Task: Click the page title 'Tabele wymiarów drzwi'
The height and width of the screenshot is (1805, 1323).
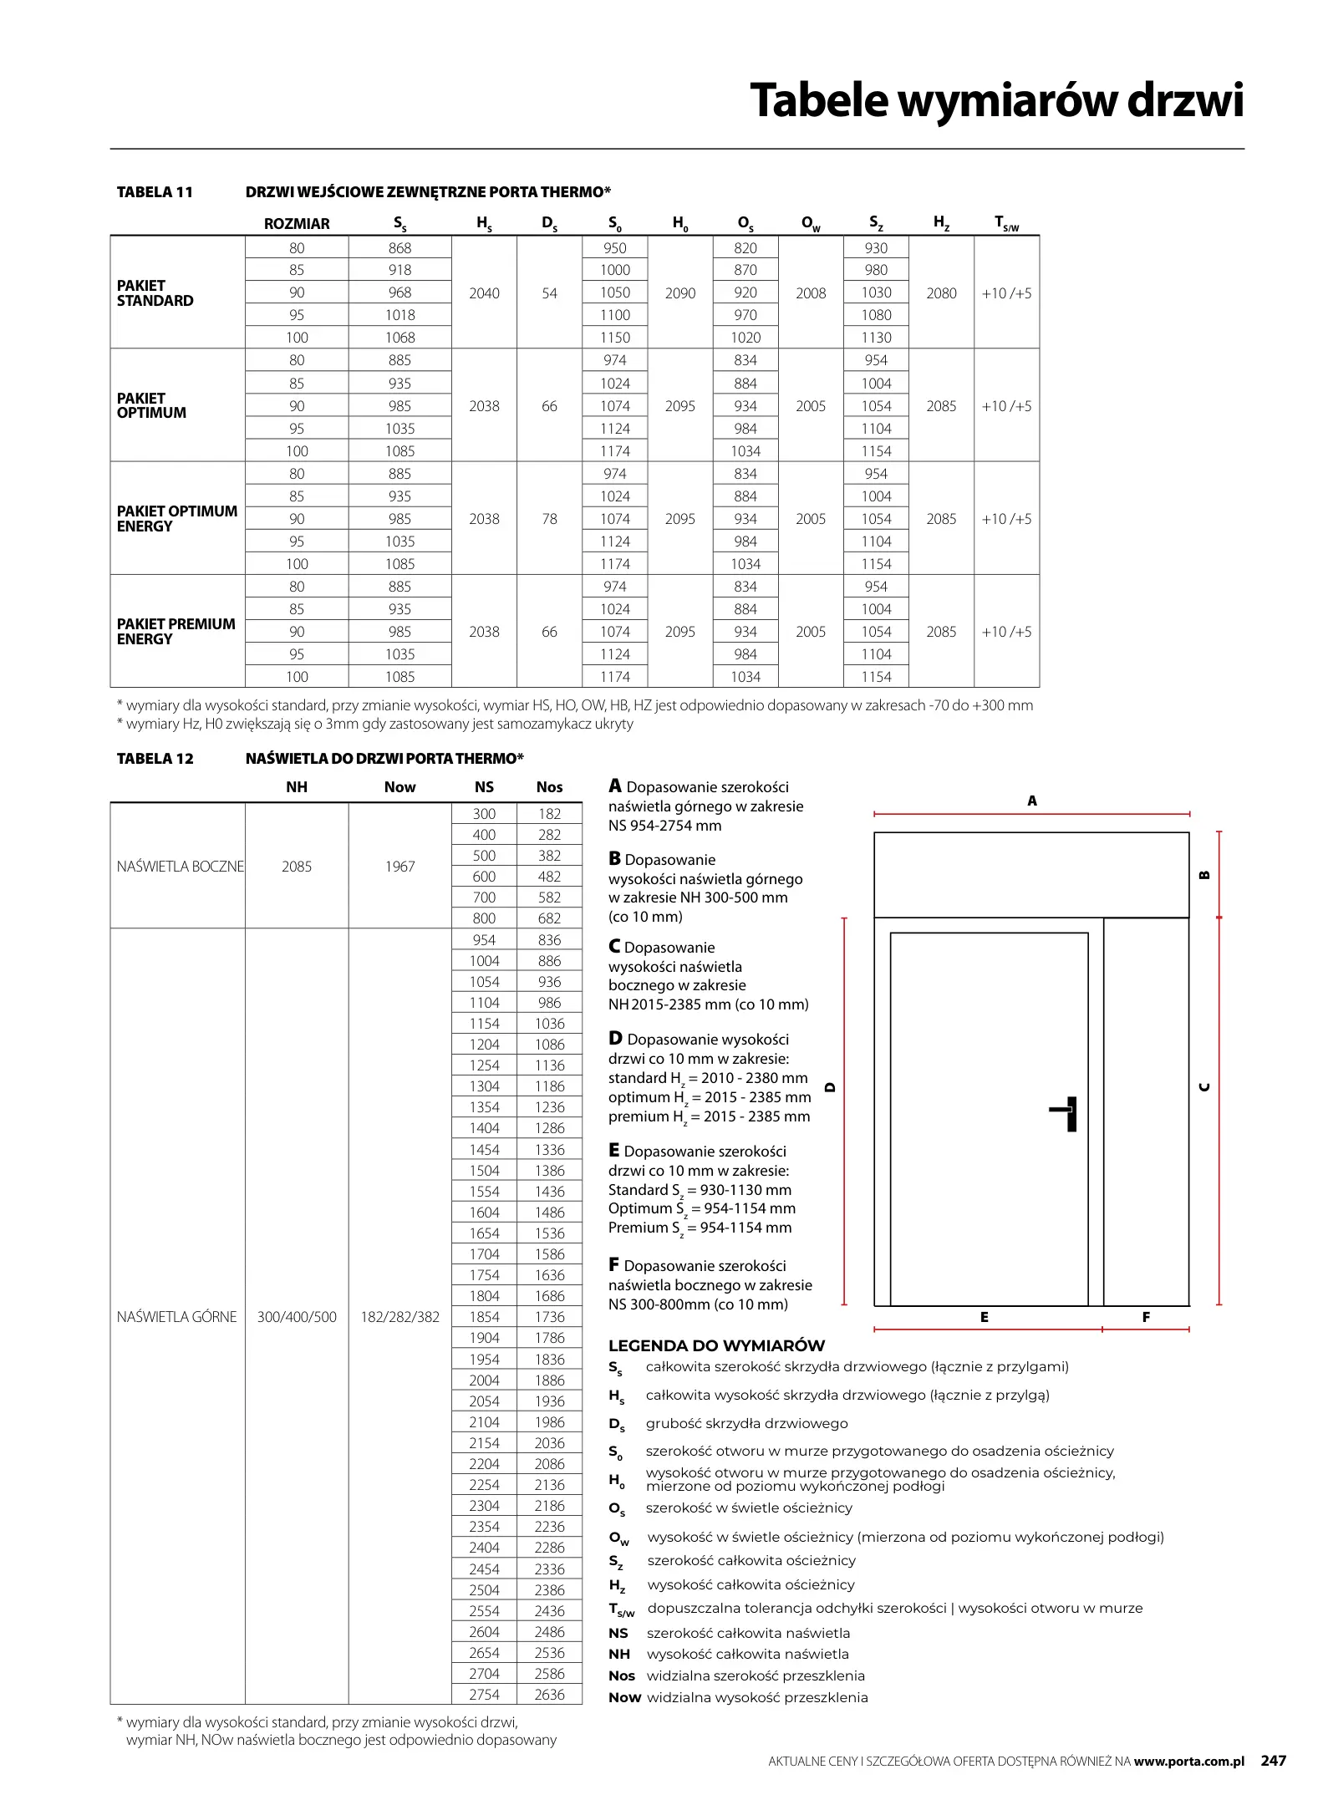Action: (996, 100)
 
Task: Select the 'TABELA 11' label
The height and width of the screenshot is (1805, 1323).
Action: (155, 192)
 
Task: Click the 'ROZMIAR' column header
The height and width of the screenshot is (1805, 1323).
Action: (297, 224)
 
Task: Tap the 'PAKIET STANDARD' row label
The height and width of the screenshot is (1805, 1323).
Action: (155, 293)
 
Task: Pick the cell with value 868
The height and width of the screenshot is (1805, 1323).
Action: (399, 248)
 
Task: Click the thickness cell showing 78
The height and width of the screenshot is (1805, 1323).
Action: (549, 519)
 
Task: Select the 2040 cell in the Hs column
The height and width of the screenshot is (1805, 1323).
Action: (484, 293)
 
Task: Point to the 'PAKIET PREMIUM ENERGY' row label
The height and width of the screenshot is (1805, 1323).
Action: (176, 632)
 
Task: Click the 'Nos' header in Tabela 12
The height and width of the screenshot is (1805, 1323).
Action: (549, 787)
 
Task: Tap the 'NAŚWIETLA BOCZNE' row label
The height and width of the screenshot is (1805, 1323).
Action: (180, 867)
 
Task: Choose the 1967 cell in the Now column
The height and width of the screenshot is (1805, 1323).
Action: (399, 867)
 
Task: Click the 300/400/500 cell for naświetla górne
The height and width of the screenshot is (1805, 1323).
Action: (297, 1317)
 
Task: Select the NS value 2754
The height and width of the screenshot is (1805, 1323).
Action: (484, 1695)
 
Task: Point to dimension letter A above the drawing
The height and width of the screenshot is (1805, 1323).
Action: (1032, 801)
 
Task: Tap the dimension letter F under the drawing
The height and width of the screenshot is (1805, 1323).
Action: (1146, 1317)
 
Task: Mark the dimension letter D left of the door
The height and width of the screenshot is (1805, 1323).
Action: (830, 1087)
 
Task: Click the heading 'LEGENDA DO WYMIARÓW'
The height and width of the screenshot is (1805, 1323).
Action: (716, 1345)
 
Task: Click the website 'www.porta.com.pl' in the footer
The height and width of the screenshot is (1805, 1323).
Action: (1189, 1761)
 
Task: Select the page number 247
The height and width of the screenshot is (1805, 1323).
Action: (1273, 1760)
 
